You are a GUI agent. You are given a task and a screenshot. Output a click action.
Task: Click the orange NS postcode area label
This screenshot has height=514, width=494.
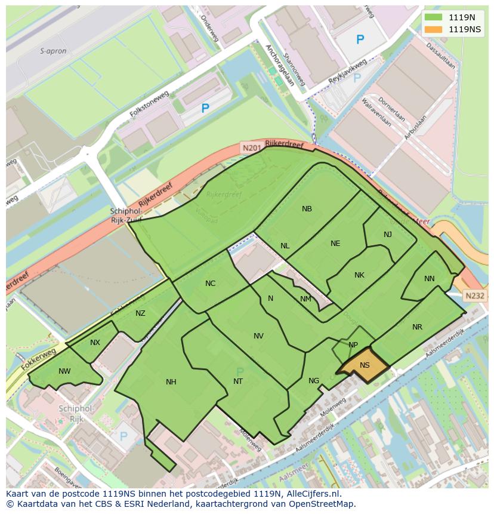[365, 365]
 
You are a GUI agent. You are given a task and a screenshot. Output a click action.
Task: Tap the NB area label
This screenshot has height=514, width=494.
[307, 209]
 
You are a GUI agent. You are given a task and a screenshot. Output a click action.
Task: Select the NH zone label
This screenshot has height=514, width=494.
[171, 382]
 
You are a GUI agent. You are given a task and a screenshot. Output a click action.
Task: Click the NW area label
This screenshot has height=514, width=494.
[64, 371]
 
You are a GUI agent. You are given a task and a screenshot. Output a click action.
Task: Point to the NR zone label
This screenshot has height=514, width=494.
[417, 327]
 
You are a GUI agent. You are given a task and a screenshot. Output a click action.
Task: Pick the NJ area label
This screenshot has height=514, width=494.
[388, 234]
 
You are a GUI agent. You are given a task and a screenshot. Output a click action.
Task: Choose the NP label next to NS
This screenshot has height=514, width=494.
[353, 345]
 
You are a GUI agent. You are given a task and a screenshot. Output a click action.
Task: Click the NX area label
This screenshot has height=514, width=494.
[95, 343]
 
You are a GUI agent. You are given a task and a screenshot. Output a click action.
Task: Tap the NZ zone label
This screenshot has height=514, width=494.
[140, 313]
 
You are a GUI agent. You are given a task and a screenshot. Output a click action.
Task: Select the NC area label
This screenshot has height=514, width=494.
[210, 284]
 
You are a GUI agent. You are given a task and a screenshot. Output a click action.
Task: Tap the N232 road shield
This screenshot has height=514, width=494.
[474, 296]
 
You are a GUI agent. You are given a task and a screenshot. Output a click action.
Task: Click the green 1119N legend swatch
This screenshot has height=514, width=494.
[433, 17]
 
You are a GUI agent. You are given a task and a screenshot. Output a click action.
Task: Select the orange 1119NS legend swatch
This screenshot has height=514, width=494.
[433, 29]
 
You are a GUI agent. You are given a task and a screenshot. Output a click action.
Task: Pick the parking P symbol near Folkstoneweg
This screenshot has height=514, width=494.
[205, 109]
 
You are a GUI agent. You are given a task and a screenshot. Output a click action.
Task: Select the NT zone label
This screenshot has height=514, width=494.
[238, 381]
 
